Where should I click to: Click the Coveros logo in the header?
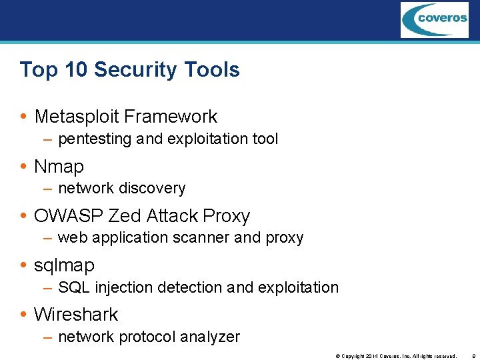(x=434, y=19)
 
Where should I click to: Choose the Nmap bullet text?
(x=59, y=166)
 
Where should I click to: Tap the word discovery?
(x=151, y=188)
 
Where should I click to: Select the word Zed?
(x=123, y=216)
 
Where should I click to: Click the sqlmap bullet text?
(x=64, y=265)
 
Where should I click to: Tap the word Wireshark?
(x=76, y=314)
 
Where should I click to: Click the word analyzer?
(x=213, y=337)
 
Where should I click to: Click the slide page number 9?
(x=472, y=356)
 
